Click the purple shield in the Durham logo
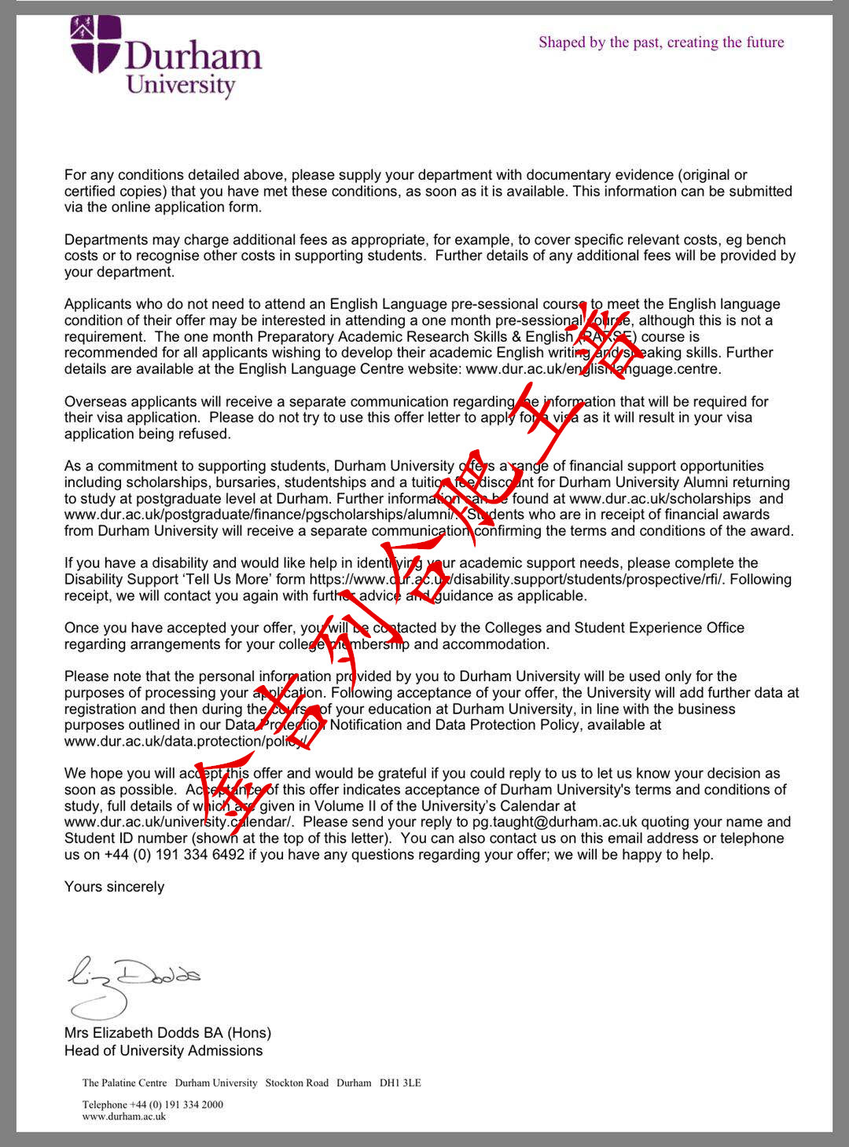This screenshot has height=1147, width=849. [x=96, y=44]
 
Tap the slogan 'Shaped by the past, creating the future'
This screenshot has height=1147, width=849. [x=661, y=42]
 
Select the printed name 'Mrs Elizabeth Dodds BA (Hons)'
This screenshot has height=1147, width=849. [x=167, y=1032]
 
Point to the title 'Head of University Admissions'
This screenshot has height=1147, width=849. [x=164, y=1050]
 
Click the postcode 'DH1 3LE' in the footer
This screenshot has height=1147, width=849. [x=400, y=1083]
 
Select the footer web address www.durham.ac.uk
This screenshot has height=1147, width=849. [x=124, y=1116]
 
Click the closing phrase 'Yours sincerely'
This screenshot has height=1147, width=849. [x=114, y=886]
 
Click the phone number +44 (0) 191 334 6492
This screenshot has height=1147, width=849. [x=174, y=854]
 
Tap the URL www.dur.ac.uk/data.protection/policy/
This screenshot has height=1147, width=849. [x=185, y=741]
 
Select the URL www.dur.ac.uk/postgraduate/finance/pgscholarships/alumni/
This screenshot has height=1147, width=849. [x=259, y=515]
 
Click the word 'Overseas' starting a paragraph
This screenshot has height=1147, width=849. [x=94, y=401]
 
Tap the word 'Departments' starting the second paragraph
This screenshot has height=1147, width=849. [x=105, y=240]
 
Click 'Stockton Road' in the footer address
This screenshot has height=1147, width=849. [x=296, y=1083]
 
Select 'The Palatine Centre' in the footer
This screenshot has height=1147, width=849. [x=124, y=1083]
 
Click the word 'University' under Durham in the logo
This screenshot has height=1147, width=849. [x=181, y=84]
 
